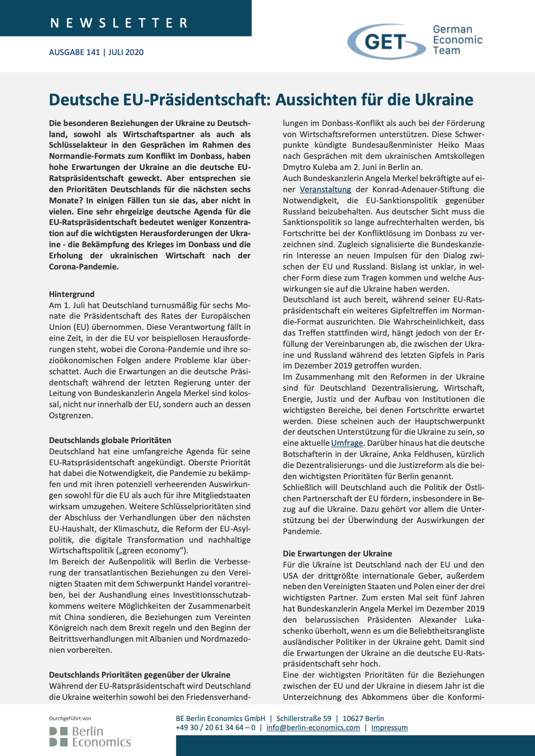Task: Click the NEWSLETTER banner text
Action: click(x=119, y=23)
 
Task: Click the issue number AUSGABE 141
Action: click(x=74, y=52)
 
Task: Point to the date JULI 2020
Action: click(x=126, y=52)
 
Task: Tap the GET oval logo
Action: click(x=386, y=41)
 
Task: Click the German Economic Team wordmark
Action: click(x=457, y=40)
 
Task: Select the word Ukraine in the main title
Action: click(x=444, y=100)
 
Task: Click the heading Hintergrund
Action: click(x=72, y=294)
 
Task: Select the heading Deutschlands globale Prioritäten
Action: click(x=110, y=440)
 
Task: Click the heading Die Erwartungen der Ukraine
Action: click(x=337, y=553)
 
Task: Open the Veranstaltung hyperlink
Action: click(x=325, y=189)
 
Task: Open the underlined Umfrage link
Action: click(x=347, y=443)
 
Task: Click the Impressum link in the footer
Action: click(x=389, y=727)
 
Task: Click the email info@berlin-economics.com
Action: click(x=313, y=727)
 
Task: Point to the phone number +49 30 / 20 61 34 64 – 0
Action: click(x=215, y=727)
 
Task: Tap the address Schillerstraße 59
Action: click(x=304, y=718)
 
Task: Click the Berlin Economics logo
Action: click(x=90, y=736)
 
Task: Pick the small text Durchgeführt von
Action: click(x=70, y=718)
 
